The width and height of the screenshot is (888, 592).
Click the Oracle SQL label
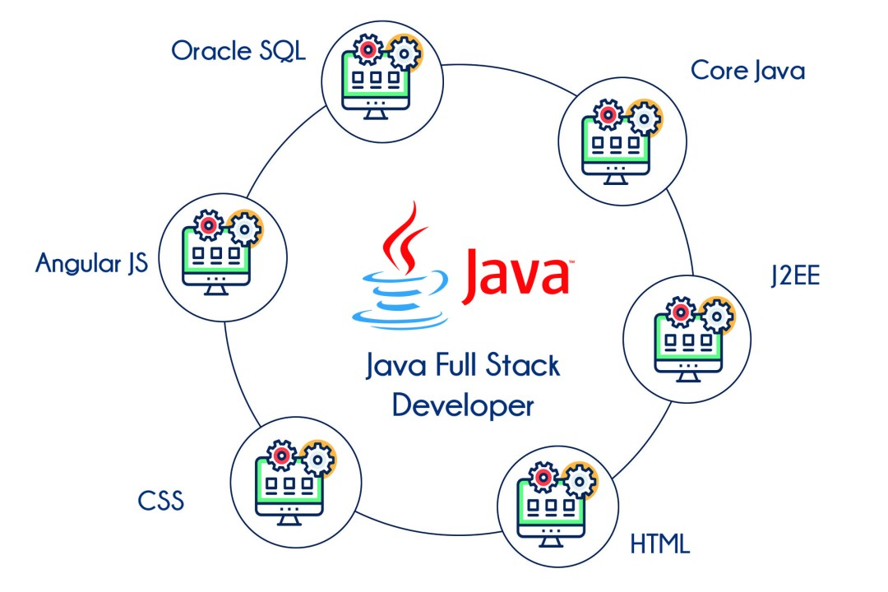238,51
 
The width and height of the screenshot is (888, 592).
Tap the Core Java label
747,71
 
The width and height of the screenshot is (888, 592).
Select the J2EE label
795,275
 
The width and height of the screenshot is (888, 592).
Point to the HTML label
660,544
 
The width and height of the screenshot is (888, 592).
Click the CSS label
161,501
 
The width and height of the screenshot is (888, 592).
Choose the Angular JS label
92,263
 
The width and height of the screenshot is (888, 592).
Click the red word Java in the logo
516,276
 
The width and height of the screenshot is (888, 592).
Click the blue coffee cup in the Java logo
400,300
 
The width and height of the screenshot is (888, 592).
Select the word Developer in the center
463,405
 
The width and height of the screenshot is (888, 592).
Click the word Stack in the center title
523,365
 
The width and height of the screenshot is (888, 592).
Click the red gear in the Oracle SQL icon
368,50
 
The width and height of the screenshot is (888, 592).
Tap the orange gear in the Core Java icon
645,119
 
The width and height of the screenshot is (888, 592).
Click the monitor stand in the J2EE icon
688,377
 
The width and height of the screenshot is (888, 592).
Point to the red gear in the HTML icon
543,478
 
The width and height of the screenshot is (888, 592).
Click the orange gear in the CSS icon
319,458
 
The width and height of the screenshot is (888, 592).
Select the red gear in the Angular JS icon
208,225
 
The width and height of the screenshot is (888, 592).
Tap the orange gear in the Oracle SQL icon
405,54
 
